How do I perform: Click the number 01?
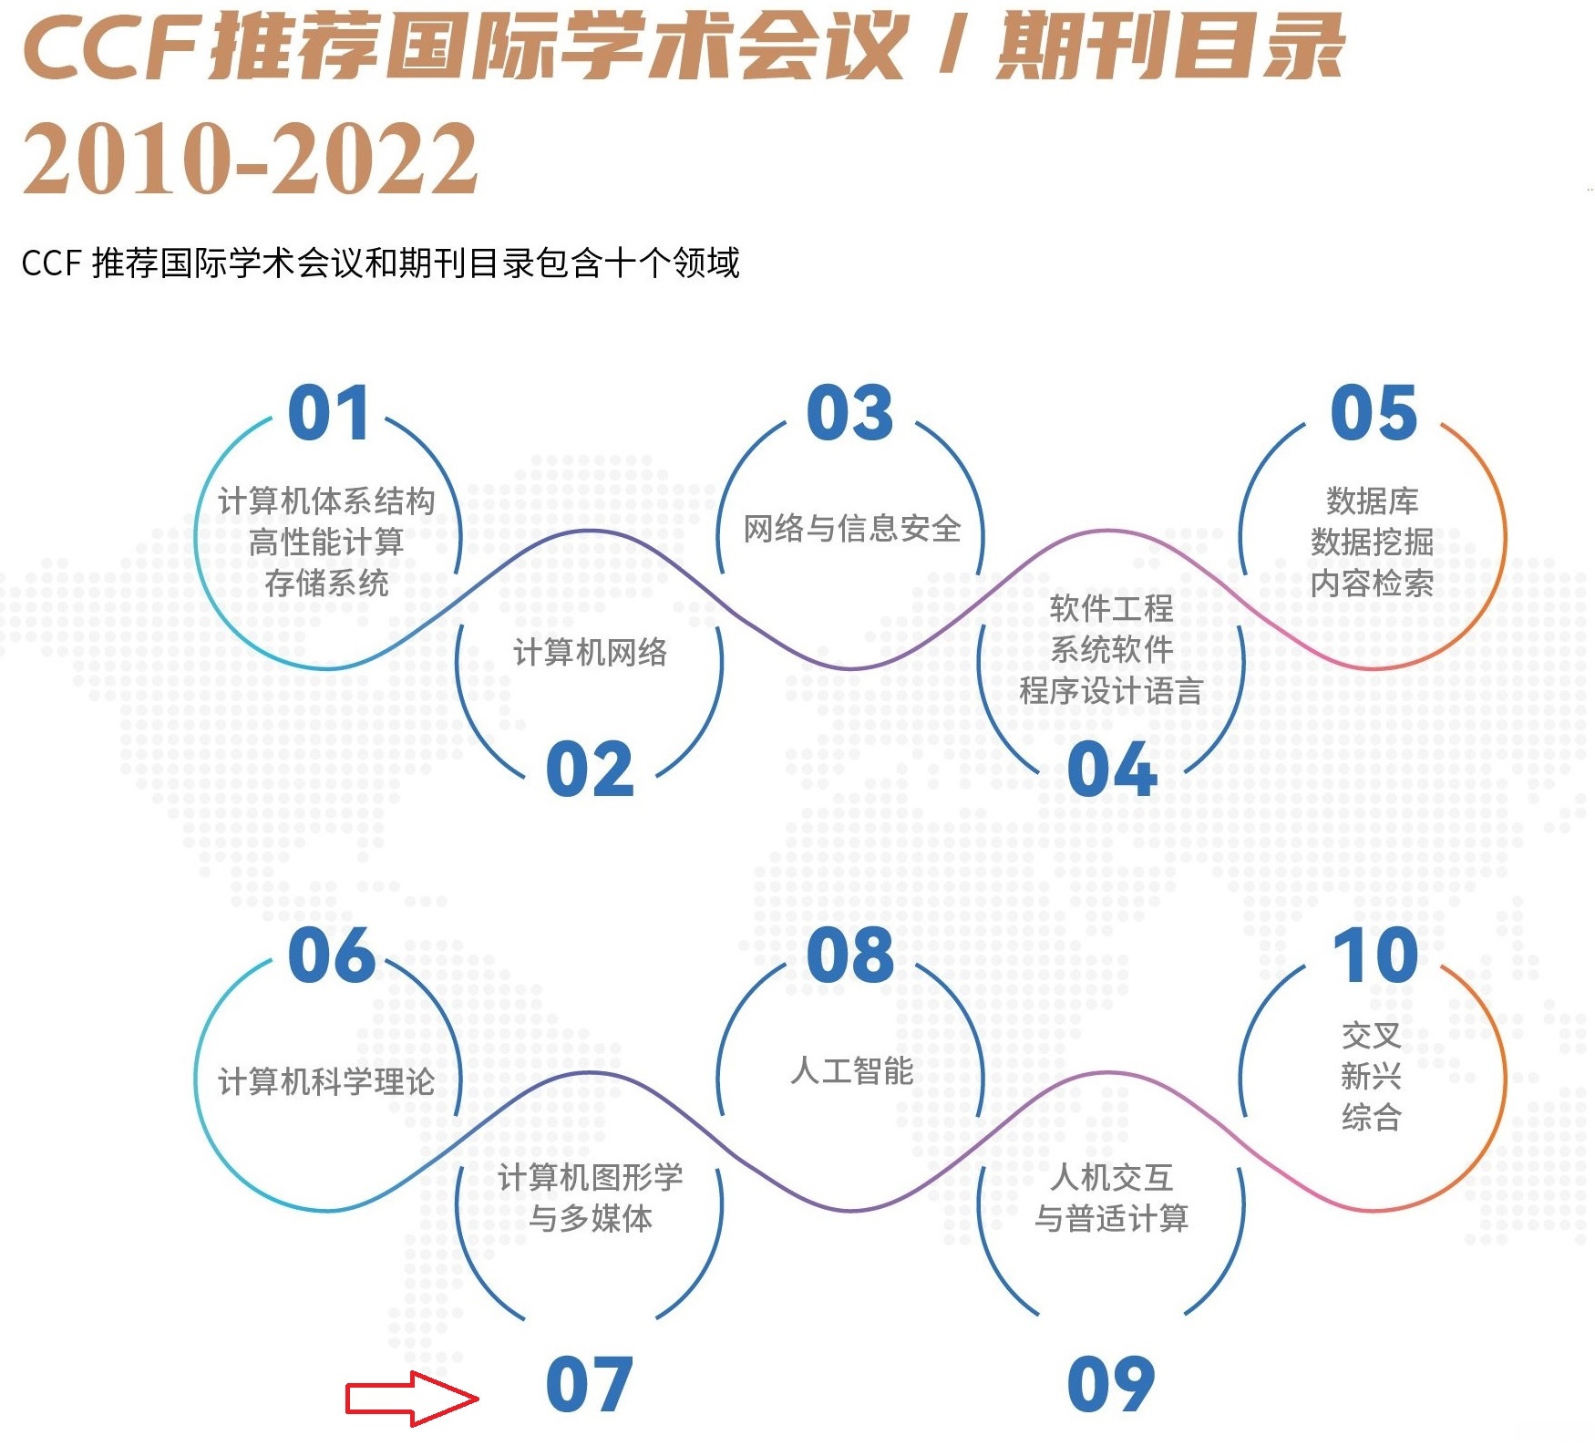point(328,414)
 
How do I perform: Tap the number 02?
point(589,770)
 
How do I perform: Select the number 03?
point(849,414)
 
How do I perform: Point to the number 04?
point(1111,770)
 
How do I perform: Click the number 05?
point(1374,414)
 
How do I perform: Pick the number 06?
point(331,956)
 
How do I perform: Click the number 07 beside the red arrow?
point(589,1385)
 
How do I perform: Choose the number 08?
point(849,956)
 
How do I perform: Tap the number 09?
point(1111,1385)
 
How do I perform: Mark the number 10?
point(1375,956)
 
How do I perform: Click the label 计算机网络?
point(590,653)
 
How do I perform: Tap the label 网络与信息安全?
point(851,529)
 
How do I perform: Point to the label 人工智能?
point(851,1070)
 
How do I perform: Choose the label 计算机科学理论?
point(326,1082)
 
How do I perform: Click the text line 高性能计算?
point(326,542)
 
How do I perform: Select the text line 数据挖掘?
point(1372,542)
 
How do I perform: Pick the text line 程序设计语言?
point(1111,691)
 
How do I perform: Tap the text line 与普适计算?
point(1111,1219)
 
